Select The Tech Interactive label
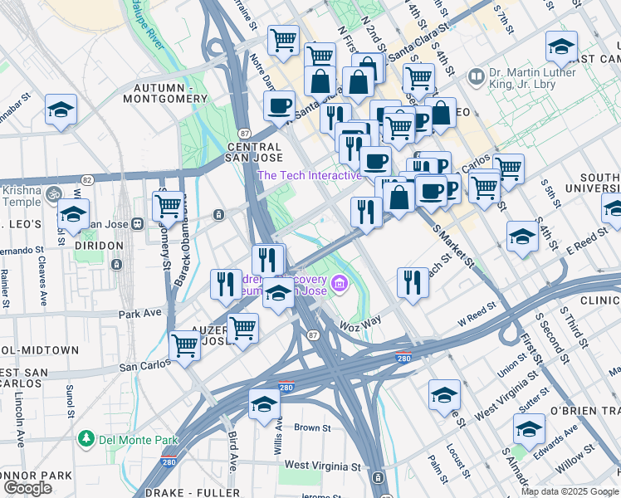tap(309, 175)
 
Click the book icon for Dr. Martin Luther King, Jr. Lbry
tap(477, 77)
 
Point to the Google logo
tap(27, 488)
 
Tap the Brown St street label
tap(312, 428)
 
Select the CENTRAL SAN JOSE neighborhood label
tap(255, 152)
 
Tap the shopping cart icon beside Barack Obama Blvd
tap(169, 204)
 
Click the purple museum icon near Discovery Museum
tap(339, 286)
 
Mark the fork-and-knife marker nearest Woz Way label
tap(413, 282)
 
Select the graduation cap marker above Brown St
tap(264, 403)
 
